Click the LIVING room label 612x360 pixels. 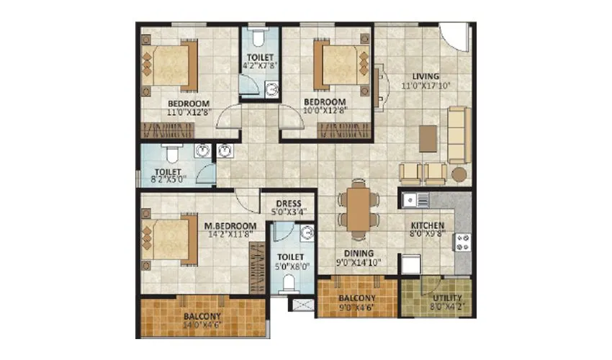coord(426,76)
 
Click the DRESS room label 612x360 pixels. coord(287,204)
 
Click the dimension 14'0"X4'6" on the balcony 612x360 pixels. coord(201,325)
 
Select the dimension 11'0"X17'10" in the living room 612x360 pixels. coord(426,86)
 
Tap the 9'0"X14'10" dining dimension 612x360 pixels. coord(358,262)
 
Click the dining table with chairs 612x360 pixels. coord(358,209)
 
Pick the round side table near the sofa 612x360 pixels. coord(459,174)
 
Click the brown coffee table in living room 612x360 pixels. coord(428,138)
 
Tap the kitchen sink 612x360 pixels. coord(415,199)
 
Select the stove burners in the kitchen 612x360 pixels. coord(462,243)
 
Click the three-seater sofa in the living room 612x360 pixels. coord(457,135)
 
